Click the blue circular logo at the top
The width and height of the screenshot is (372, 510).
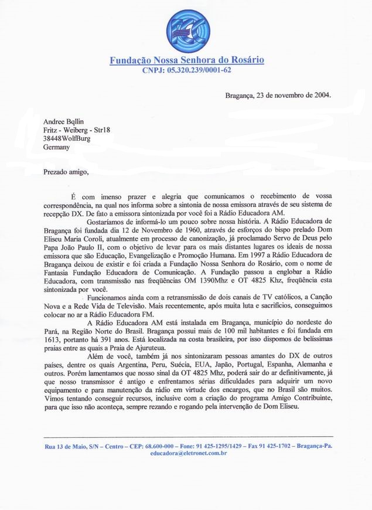pyautogui.click(x=186, y=30)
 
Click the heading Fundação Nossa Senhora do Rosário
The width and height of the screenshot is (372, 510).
pyautogui.click(x=186, y=60)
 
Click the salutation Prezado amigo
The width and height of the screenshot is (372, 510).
pyautogui.click(x=66, y=172)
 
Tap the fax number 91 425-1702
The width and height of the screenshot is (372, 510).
pyautogui.click(x=272, y=447)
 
